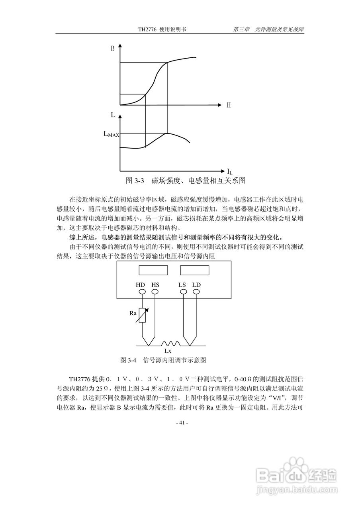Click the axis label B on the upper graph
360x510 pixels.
pyautogui.click(x=113, y=49)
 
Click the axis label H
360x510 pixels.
pyautogui.click(x=229, y=105)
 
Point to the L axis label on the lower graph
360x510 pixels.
pyautogui.click(x=113, y=115)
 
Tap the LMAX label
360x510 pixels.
pyautogui.click(x=111, y=134)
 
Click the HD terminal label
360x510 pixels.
pyautogui.click(x=141, y=285)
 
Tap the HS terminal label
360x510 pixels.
pyautogui.click(x=155, y=285)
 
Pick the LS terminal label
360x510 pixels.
pyautogui.click(x=182, y=285)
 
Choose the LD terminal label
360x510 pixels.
pyautogui.click(x=196, y=285)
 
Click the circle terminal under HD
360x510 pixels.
pyautogui.click(x=142, y=292)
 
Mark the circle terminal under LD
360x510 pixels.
pyautogui.click(x=196, y=292)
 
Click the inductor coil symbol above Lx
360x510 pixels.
pyautogui.click(x=170, y=343)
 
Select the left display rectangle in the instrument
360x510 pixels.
pyautogui.click(x=153, y=270)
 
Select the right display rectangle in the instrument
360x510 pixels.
pyautogui.click(x=195, y=270)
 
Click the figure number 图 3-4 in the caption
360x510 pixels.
pyautogui.click(x=128, y=360)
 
